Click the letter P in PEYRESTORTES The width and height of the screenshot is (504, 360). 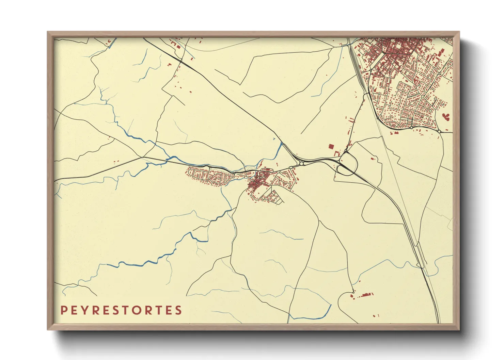(63, 310)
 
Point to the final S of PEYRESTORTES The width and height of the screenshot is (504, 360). (178, 310)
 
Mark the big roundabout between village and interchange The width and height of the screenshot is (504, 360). (301, 164)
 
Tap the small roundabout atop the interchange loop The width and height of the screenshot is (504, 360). (346, 151)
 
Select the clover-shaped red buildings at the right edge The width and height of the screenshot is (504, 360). (446, 116)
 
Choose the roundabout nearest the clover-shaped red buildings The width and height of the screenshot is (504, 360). (439, 131)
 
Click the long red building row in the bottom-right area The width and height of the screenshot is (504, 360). (366, 294)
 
